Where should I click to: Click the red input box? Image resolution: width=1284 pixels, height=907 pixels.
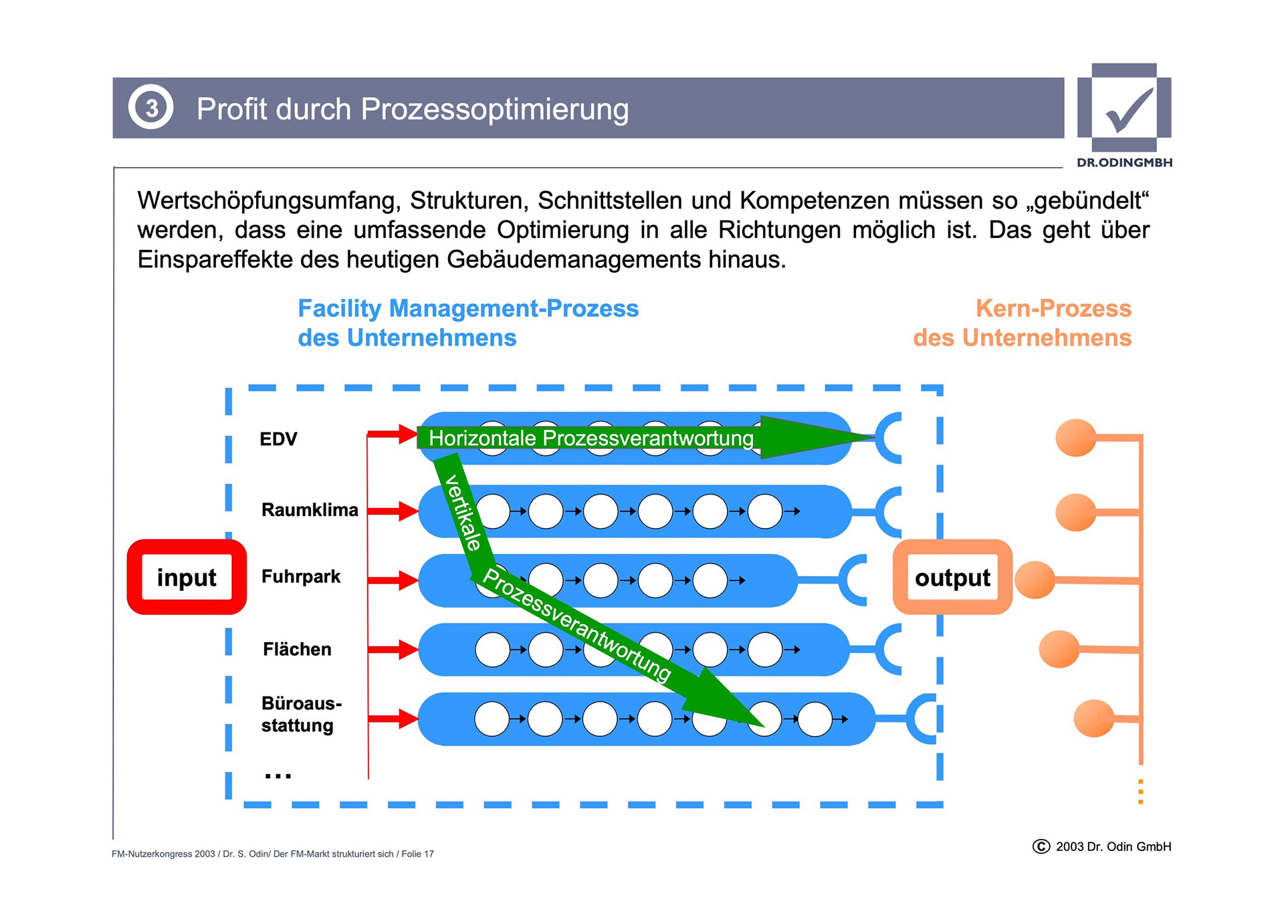tap(187, 577)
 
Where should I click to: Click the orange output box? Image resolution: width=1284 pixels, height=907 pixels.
tap(952, 577)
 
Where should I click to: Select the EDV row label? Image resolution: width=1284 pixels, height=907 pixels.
tap(278, 439)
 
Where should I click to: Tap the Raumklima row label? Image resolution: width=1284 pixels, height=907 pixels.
tap(310, 510)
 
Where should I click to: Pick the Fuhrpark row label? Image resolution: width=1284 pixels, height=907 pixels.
tap(301, 576)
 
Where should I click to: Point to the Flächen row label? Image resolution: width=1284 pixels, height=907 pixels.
tap(297, 649)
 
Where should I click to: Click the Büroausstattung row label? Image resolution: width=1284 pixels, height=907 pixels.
tap(301, 714)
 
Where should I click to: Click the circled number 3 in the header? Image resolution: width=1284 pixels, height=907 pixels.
tap(151, 108)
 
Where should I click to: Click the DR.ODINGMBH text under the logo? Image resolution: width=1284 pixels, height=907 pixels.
tap(1124, 162)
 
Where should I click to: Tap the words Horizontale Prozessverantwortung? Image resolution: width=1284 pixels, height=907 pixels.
tap(591, 438)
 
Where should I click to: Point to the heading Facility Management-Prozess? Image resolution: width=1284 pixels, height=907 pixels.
tap(468, 309)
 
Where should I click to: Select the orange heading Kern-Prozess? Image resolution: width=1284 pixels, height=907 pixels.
tap(1053, 309)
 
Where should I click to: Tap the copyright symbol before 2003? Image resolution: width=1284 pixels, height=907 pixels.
tap(1041, 847)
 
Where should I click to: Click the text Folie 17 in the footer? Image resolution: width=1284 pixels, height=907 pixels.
tap(417, 854)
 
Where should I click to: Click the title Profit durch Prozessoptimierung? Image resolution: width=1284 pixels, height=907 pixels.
tap(413, 109)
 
